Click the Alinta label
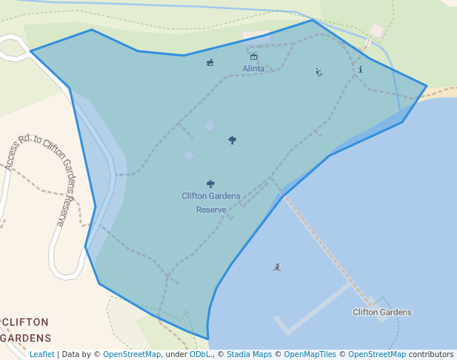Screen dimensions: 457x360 point(253,69)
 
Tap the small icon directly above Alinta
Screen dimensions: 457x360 point(253,57)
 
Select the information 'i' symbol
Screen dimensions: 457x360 point(360,70)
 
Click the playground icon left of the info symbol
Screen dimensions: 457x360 point(319,72)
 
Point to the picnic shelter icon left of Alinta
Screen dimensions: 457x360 point(210,62)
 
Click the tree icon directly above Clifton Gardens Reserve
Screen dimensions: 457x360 point(210,184)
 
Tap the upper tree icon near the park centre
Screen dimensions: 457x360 point(232,139)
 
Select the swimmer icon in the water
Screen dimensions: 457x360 point(276,267)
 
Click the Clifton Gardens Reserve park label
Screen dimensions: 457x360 point(211,202)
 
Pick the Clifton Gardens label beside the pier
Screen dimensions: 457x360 point(382,313)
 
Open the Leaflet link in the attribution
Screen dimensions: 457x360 point(41,354)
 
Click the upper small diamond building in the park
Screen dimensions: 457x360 point(210,126)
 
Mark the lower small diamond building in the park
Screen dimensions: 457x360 point(189,155)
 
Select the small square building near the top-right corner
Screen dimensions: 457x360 point(377,31)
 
